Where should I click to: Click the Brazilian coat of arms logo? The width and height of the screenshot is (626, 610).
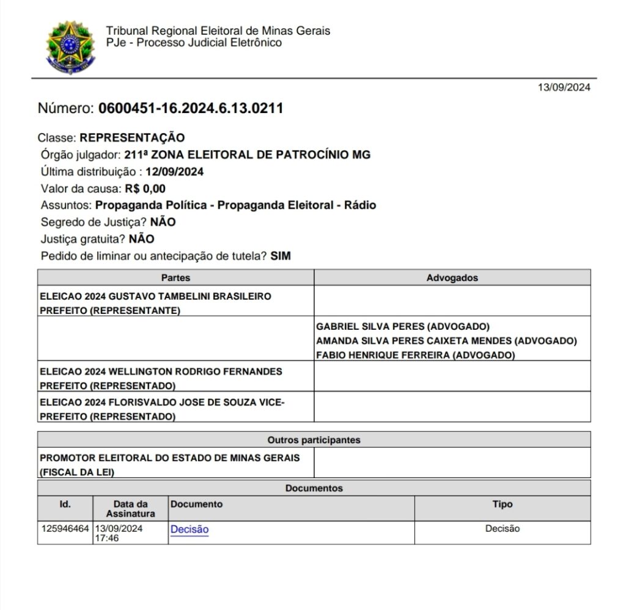click(70, 47)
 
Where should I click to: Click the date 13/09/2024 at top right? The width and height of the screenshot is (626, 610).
click(564, 87)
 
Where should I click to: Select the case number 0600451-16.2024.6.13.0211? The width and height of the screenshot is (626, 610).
click(190, 109)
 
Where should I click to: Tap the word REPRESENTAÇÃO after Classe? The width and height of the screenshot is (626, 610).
click(132, 137)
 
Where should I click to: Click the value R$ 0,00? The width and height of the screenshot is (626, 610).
click(145, 189)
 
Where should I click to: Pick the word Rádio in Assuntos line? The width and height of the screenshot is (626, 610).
click(359, 205)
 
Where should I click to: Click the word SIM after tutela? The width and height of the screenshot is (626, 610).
click(281, 256)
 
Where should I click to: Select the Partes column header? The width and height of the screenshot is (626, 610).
click(175, 278)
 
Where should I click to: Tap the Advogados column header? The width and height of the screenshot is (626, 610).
click(452, 278)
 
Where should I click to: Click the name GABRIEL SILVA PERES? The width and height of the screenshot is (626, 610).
click(368, 326)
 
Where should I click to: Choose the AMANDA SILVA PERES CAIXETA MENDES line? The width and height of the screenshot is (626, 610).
click(416, 341)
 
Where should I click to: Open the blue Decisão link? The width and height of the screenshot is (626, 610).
click(190, 529)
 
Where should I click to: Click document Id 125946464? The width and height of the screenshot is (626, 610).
click(65, 529)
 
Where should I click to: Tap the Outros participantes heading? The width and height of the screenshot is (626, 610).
click(314, 440)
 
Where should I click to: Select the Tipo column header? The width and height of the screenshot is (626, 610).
click(503, 504)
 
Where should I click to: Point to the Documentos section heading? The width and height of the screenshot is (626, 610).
click(314, 488)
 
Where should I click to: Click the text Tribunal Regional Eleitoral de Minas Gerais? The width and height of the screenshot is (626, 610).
click(218, 31)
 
